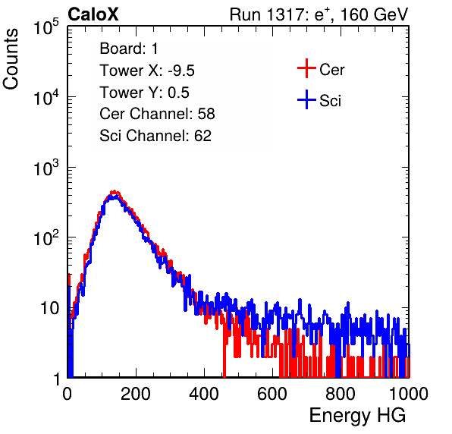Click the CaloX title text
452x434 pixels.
coord(93,14)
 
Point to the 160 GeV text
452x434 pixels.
coord(374,14)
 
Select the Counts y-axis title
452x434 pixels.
coord(11,59)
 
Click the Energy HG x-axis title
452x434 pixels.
coord(357,416)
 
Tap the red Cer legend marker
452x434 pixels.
coord(306,68)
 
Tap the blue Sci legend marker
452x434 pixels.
coord(306,100)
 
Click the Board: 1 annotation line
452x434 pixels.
coord(129,49)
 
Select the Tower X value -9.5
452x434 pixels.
coord(181,71)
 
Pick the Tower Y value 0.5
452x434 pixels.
coord(178,93)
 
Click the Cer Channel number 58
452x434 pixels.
coord(206,114)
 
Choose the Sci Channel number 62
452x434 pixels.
coord(202,136)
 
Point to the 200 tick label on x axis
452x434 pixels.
coord(136,394)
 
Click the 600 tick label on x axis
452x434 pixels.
coord(272,394)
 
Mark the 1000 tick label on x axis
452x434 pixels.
coord(409,394)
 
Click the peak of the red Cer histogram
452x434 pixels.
coord(115,191)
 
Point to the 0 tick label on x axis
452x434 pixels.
coord(67,394)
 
